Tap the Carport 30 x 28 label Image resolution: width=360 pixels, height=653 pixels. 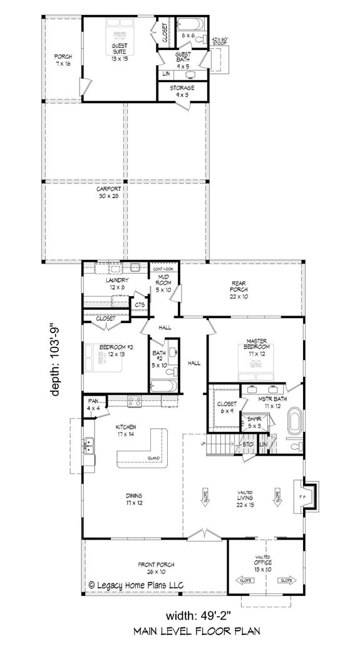tap(108, 192)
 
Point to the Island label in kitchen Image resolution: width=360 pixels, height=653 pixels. tap(154, 458)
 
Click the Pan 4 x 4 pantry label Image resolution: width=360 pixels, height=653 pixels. tap(93, 404)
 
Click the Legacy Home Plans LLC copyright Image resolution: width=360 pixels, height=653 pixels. tap(141, 585)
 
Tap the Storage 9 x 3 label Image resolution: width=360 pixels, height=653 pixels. tap(182, 91)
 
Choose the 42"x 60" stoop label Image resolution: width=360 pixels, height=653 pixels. tap(222, 42)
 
